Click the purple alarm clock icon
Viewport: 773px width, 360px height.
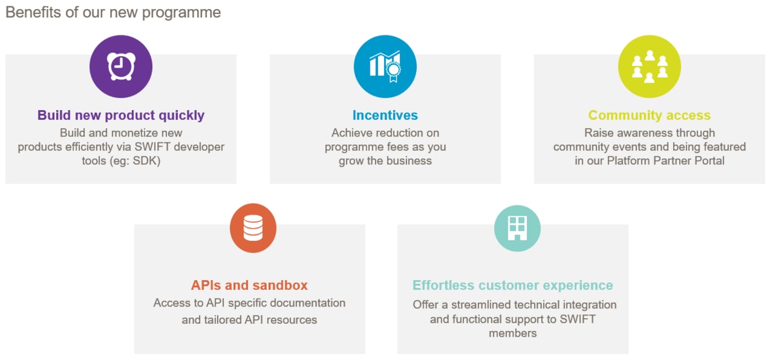tap(121, 66)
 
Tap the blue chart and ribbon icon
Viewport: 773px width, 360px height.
tap(385, 66)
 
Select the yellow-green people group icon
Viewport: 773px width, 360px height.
tap(649, 66)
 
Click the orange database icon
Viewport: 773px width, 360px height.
tap(253, 228)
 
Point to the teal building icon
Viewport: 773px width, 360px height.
tap(517, 228)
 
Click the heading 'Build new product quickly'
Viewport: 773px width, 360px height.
tap(121, 115)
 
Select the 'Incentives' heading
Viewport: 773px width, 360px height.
tap(385, 115)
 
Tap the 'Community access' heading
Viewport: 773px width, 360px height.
tap(649, 115)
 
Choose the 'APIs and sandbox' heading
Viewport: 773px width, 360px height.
tap(249, 285)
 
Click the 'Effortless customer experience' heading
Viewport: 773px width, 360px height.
tap(513, 285)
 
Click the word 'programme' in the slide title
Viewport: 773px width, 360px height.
tap(182, 13)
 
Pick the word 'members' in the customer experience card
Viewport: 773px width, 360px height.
tap(513, 334)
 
